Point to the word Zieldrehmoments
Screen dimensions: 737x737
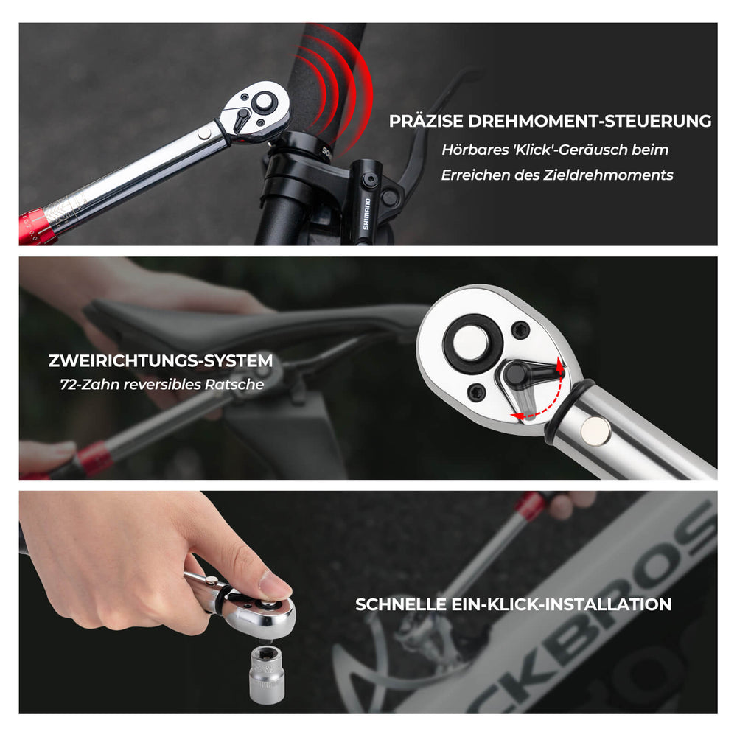(608, 175)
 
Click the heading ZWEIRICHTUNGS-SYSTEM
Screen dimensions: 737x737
(161, 360)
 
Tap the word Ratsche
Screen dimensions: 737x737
(234, 385)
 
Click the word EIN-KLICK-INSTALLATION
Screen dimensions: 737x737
(561, 604)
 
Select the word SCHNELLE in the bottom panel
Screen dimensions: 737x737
(401, 604)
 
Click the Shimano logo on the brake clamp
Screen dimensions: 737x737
(366, 214)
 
